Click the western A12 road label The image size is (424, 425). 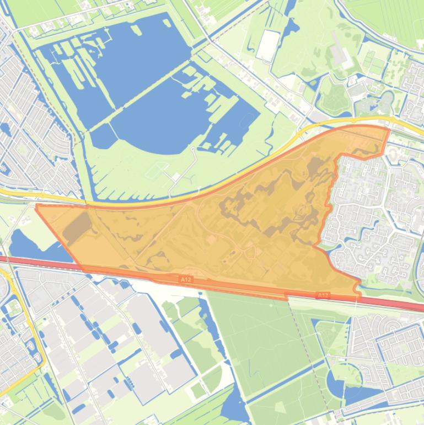[186, 280]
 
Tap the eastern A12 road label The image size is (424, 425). [323, 295]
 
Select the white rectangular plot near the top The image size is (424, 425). [268, 45]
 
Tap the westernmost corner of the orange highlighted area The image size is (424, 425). [36, 206]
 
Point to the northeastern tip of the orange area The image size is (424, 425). [388, 129]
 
